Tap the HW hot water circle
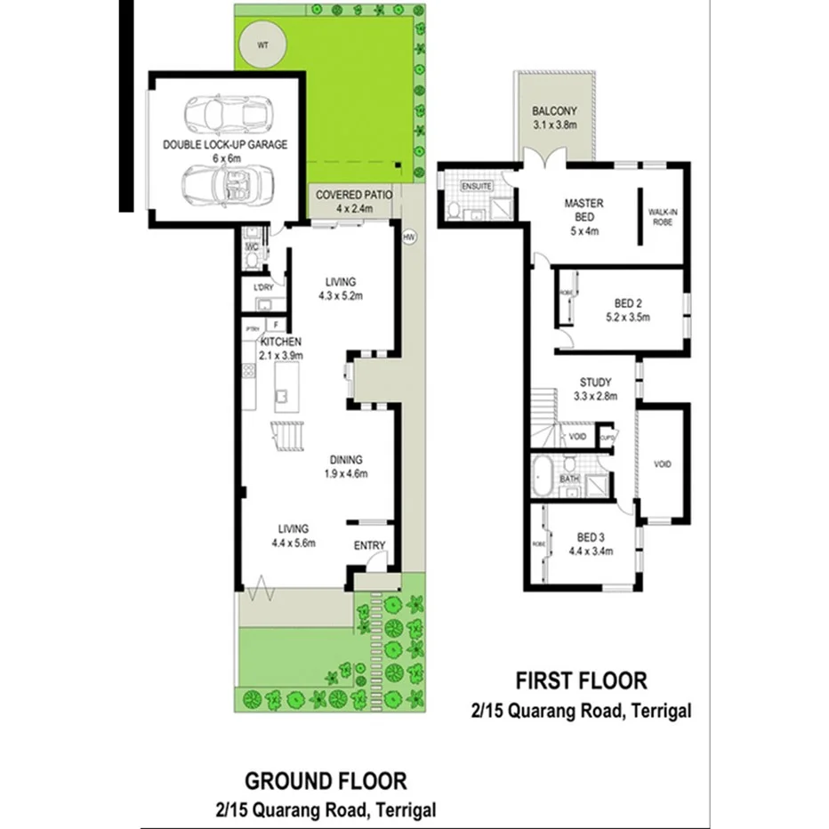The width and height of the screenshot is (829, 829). (408, 237)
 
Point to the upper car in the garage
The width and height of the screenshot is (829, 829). (228, 113)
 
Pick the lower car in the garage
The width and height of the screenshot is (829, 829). (228, 184)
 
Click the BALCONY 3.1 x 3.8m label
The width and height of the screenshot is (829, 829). (555, 117)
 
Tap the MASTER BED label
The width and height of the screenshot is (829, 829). (584, 210)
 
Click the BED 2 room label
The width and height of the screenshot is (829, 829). (628, 309)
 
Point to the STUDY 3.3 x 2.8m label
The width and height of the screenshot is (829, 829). (597, 389)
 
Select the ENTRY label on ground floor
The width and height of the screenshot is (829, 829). (370, 545)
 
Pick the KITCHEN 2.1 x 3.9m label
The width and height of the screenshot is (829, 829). (280, 348)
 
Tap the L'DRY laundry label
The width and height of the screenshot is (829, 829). (263, 287)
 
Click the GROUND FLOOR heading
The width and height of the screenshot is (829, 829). (326, 782)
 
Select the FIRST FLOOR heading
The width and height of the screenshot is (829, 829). (582, 681)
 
